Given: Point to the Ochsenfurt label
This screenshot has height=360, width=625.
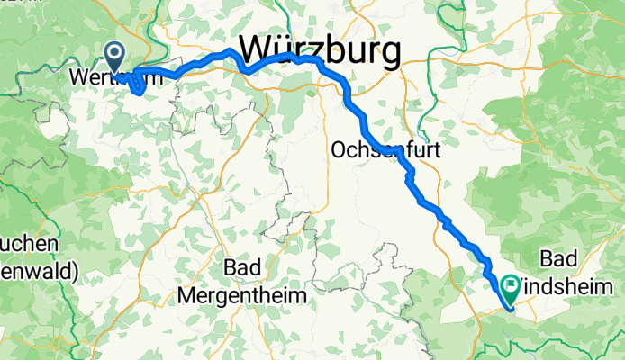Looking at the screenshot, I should [x=386, y=149].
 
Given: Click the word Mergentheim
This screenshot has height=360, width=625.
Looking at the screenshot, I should [x=242, y=295].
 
